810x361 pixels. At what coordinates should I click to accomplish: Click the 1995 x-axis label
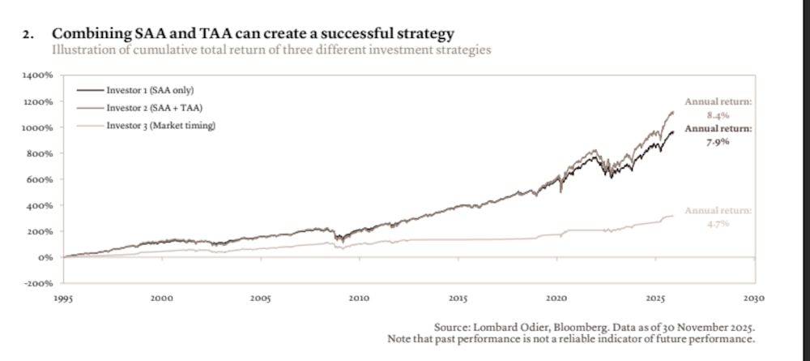pos(63,299)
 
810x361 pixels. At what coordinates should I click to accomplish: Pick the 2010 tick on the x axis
pos(359,299)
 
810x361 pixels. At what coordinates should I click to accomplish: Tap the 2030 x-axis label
pos(753,299)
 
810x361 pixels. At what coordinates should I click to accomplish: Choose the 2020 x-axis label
pos(556,299)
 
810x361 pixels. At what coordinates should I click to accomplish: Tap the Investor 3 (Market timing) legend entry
pos(160,126)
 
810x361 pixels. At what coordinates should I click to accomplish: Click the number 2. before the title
pos(30,34)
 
